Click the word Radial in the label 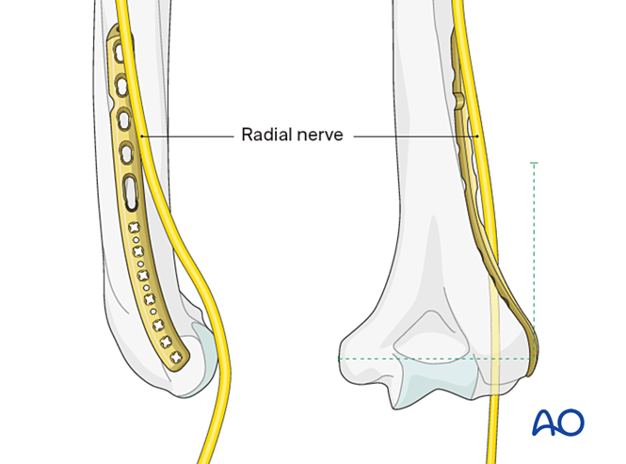click(265, 135)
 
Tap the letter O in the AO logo click(570, 423)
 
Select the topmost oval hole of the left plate click(119, 52)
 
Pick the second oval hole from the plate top click(121, 86)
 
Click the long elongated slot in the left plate click(131, 193)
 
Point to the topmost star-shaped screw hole click(134, 228)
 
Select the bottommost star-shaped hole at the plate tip click(176, 357)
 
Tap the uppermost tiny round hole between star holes click(136, 240)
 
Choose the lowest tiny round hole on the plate click(152, 312)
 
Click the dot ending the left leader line click(141, 136)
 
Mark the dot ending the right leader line click(477, 136)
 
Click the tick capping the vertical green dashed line click(534, 163)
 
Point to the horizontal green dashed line click(436, 359)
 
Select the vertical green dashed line click(534, 261)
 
